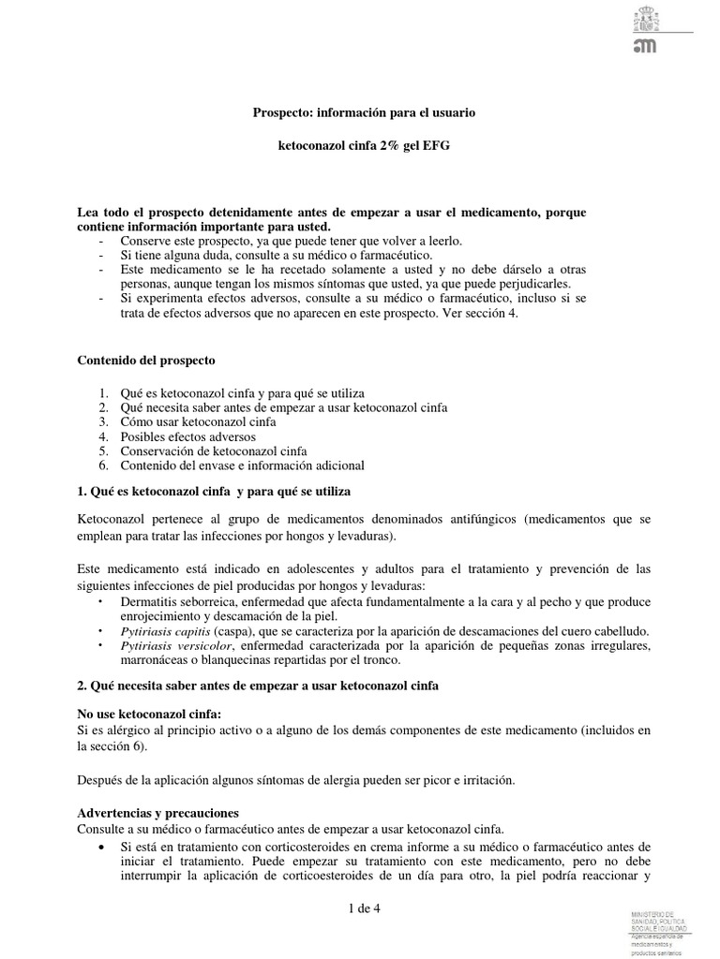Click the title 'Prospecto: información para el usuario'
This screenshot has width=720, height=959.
click(365, 112)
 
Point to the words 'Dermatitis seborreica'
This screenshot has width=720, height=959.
click(179, 602)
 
